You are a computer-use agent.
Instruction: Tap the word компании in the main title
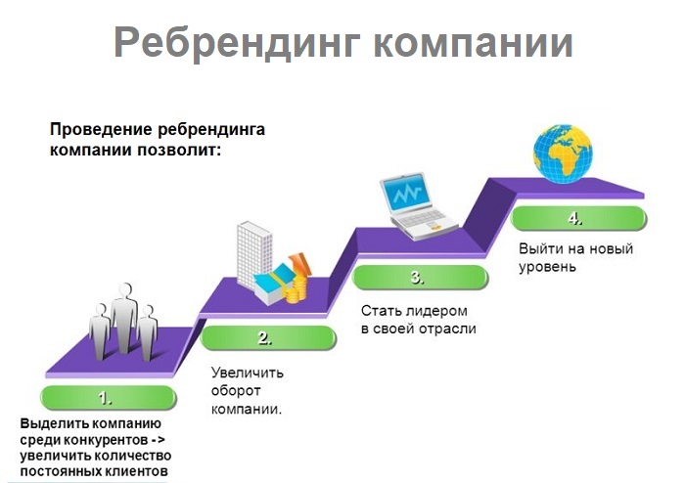(x=468, y=43)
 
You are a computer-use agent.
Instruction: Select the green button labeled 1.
(x=106, y=398)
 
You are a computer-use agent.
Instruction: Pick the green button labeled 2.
(x=264, y=338)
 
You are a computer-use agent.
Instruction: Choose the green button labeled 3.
(x=417, y=277)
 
